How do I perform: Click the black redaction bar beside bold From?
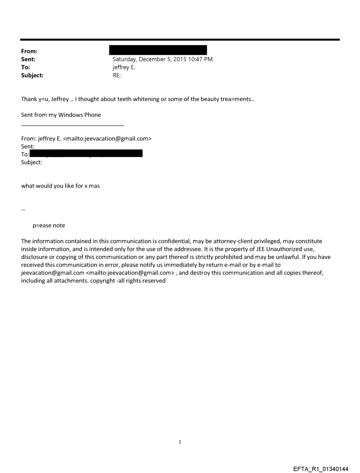click(x=158, y=50)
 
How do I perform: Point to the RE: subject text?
click(x=117, y=75)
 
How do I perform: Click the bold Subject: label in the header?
click(x=32, y=75)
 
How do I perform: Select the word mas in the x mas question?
click(x=94, y=186)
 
